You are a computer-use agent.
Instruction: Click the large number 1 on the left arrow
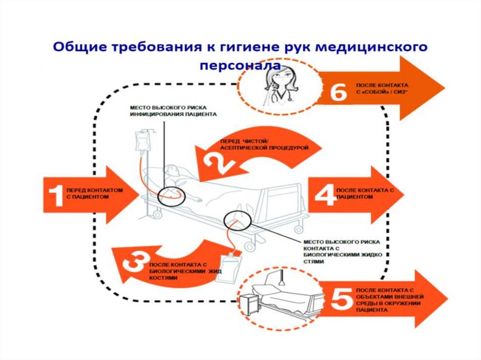coord(56,195)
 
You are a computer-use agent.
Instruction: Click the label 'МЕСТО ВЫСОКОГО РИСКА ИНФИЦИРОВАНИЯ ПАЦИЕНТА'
coord(173,111)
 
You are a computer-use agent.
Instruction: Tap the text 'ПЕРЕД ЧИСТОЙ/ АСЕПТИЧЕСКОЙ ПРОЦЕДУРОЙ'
coord(264,145)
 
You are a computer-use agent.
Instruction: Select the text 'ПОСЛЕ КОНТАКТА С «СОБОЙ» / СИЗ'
coord(382,88)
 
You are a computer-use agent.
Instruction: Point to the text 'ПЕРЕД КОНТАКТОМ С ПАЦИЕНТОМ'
coord(94,193)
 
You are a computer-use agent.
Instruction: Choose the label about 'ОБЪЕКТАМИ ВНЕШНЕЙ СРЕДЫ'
coord(390,300)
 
